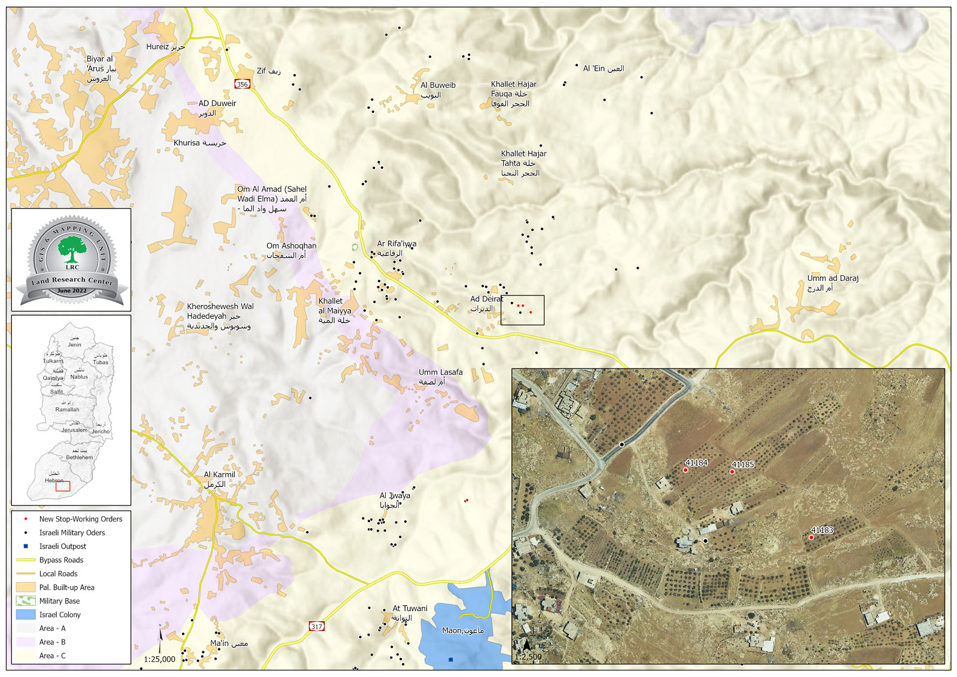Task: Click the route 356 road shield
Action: pyautogui.click(x=242, y=84)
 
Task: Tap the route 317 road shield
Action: pyautogui.click(x=316, y=626)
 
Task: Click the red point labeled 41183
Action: pyautogui.click(x=811, y=538)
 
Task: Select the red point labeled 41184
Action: pyautogui.click(x=685, y=470)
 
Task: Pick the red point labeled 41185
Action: pyautogui.click(x=732, y=472)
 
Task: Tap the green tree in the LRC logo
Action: pyautogui.click(x=72, y=249)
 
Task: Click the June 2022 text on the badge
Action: pyautogui.click(x=72, y=291)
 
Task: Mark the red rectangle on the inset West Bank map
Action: pyautogui.click(x=63, y=486)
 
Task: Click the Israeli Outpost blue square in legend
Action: pyautogui.click(x=26, y=546)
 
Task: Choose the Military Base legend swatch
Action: pyautogui.click(x=26, y=601)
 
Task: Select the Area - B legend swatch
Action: pyautogui.click(x=26, y=642)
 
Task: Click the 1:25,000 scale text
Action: pyautogui.click(x=160, y=659)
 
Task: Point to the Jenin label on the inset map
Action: pyautogui.click(x=74, y=344)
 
